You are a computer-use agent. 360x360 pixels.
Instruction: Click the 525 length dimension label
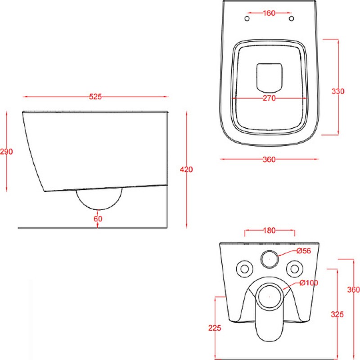(x=95, y=97)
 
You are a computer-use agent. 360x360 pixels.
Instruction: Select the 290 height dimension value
(x=6, y=152)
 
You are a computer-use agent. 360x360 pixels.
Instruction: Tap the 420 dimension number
(x=186, y=170)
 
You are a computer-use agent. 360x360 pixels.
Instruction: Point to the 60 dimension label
(x=98, y=219)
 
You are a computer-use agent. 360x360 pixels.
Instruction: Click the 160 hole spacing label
(x=269, y=13)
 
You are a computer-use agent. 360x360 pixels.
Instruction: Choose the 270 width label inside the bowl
(x=269, y=98)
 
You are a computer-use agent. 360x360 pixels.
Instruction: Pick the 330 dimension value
(x=338, y=91)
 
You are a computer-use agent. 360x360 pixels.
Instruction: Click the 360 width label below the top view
(x=269, y=159)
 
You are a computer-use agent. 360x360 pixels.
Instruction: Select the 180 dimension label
(x=269, y=230)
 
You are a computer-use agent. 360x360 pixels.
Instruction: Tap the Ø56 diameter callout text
(x=303, y=251)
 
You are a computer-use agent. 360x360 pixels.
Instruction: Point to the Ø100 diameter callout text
(x=309, y=283)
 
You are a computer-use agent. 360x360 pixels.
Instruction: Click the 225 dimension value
(x=215, y=328)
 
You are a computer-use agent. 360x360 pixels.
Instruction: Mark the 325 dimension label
(x=337, y=314)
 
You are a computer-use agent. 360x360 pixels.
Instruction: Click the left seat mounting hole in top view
(x=247, y=18)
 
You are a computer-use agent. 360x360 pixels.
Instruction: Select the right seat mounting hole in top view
(x=292, y=18)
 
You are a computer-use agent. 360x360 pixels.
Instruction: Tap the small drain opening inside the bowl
(x=269, y=77)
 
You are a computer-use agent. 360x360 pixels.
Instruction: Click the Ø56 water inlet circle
(x=270, y=259)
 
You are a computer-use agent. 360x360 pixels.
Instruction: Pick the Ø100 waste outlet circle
(x=270, y=297)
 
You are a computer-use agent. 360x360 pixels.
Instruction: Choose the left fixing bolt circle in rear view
(x=244, y=269)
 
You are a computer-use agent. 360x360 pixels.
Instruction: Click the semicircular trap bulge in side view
(x=99, y=209)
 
